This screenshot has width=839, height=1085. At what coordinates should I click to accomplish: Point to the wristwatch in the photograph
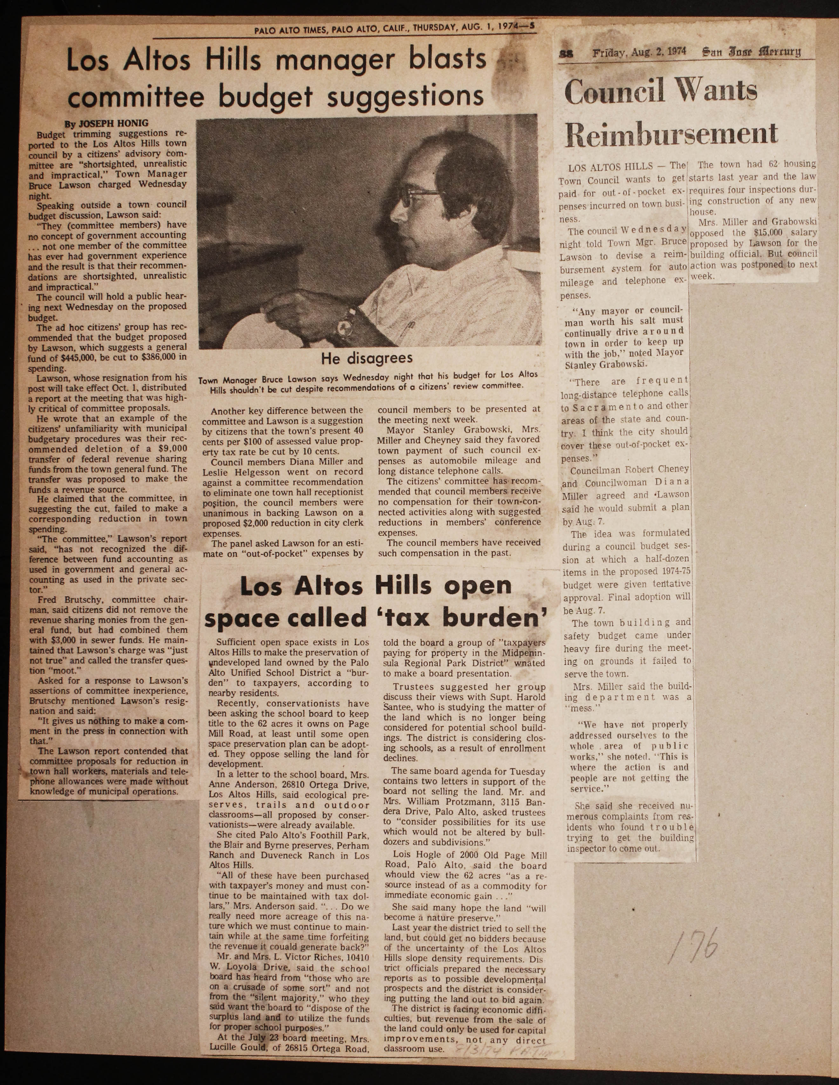(x=344, y=325)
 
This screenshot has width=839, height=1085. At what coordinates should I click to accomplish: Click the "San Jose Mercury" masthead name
(x=751, y=52)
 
